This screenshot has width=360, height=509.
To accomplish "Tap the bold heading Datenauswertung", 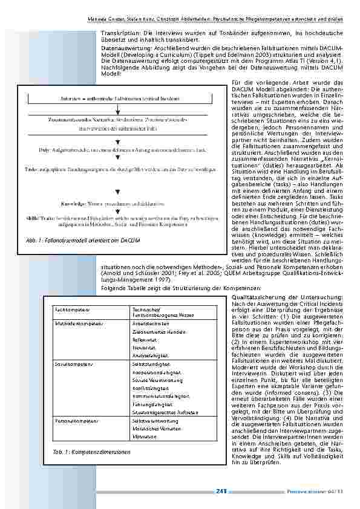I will pos(121,47).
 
